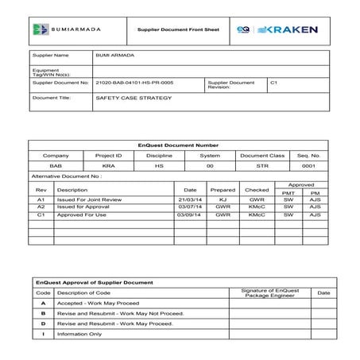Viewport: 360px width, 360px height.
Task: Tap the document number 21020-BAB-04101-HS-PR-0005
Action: pyautogui.click(x=134, y=82)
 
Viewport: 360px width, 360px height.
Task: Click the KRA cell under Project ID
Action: pyautogui.click(x=110, y=166)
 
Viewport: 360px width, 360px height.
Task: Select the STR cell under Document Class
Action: pyautogui.click(x=261, y=166)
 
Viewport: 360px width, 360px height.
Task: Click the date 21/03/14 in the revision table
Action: pyautogui.click(x=188, y=199)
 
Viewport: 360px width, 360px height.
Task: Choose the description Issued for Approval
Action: pyautogui.click(x=83, y=207)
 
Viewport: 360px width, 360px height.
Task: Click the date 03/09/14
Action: pyautogui.click(x=188, y=215)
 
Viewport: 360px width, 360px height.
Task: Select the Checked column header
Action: pyautogui.click(x=257, y=190)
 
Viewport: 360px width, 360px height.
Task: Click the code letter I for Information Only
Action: pyautogui.click(x=42, y=334)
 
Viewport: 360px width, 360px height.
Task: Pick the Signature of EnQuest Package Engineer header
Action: pyautogui.click(x=269, y=292)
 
